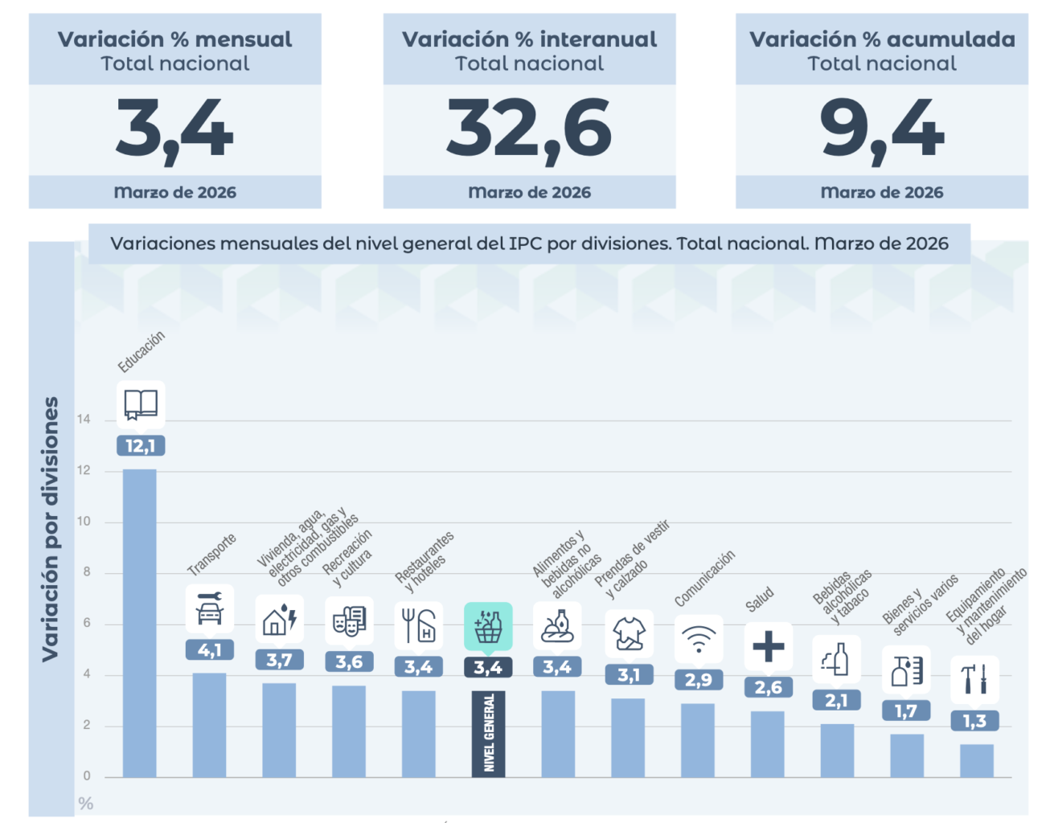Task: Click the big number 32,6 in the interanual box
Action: point(529,129)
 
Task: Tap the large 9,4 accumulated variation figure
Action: point(882,129)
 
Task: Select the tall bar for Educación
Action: point(140,623)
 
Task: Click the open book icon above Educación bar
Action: point(141,404)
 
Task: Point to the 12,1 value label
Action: point(141,446)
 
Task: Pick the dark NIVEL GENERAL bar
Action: point(488,733)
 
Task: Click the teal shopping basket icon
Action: point(488,626)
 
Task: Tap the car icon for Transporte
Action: point(210,609)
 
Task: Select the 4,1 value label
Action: point(210,650)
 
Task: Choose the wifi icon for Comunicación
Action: point(699,640)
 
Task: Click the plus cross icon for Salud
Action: point(769,646)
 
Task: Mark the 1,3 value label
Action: point(975,721)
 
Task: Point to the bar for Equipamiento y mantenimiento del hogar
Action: point(976,760)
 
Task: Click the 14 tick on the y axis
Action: point(84,420)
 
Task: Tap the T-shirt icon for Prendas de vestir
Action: point(629,634)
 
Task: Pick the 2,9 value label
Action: point(699,680)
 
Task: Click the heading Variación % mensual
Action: point(175,39)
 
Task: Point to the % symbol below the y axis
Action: point(86,804)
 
